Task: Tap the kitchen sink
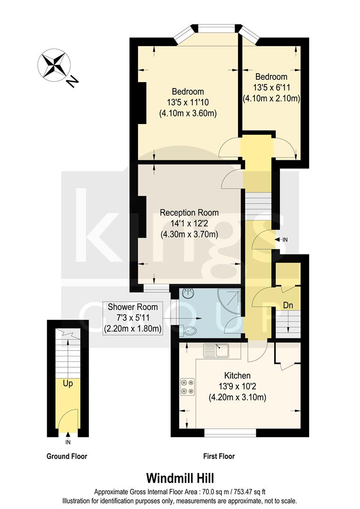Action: click(x=216, y=351)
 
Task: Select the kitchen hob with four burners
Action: click(x=187, y=386)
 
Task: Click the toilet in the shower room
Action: click(x=189, y=330)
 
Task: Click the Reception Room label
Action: click(x=189, y=213)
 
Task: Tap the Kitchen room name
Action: click(x=237, y=376)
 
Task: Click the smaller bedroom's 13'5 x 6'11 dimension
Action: click(x=271, y=88)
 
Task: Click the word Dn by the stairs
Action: click(x=288, y=305)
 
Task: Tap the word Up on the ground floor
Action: click(x=68, y=384)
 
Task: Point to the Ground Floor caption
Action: click(x=67, y=456)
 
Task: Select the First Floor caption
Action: click(x=219, y=456)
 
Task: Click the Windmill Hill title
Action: click(x=180, y=478)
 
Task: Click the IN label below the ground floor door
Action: click(x=68, y=443)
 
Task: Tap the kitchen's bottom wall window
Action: click(x=230, y=431)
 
